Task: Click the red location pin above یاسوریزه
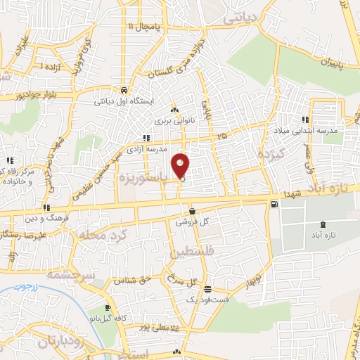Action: point(181,165)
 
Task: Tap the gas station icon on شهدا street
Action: point(274,205)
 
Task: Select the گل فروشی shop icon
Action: point(193,211)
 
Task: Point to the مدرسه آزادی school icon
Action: point(146,138)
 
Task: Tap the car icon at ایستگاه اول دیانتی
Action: point(124,90)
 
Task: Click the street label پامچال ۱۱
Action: point(144,27)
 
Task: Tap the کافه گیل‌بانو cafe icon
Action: point(108,308)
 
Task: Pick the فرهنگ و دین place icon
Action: point(46,207)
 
